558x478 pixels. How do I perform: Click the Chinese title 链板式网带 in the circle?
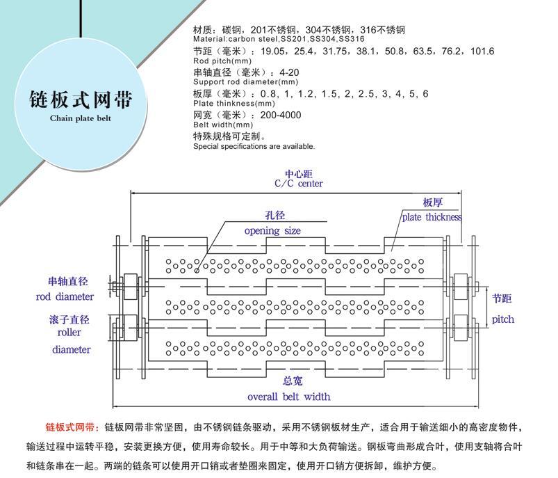tap(81, 99)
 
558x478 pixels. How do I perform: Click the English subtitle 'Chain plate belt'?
tap(81, 118)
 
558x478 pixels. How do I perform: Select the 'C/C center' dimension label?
tap(299, 184)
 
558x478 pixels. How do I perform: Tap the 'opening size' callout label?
tap(272, 231)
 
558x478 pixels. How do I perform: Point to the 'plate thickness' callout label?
tap(432, 217)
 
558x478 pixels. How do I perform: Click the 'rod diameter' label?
tap(65, 296)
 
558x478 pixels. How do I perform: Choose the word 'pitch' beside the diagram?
tap(503, 319)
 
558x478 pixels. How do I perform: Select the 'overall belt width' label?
tap(288, 397)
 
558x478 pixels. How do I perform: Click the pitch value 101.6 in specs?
tap(482, 51)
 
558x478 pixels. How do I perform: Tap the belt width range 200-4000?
tap(281, 115)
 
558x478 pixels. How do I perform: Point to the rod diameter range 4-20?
tap(289, 73)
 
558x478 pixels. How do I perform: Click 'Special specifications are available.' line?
tap(254, 146)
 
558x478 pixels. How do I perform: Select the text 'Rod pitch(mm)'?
tap(222, 61)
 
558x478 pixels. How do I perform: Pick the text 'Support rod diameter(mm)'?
tap(245, 82)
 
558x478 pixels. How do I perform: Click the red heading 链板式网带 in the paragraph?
tap(70, 427)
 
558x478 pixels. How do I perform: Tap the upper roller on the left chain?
tap(130, 287)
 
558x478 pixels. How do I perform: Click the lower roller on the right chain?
tap(461, 328)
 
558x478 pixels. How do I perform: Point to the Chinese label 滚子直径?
tap(69, 319)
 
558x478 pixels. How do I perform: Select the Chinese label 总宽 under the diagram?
tap(293, 381)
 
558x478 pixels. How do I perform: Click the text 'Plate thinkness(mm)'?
tap(234, 104)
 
